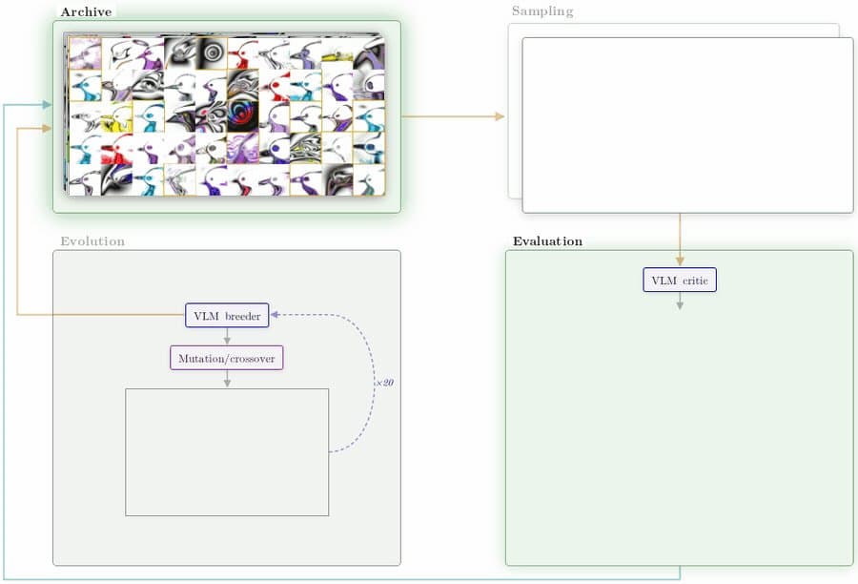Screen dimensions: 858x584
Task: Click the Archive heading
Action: [x=86, y=12]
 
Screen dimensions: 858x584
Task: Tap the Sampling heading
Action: [x=542, y=10]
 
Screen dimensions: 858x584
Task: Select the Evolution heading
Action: [x=92, y=241]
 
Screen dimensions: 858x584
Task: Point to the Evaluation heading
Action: [x=547, y=241]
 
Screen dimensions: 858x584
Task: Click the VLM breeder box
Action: [x=227, y=316]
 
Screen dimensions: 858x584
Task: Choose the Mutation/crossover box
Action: [x=227, y=358]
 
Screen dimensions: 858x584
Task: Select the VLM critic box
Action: [x=680, y=280]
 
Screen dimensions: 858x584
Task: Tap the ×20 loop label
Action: [x=384, y=383]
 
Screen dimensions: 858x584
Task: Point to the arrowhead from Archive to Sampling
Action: [x=499, y=116]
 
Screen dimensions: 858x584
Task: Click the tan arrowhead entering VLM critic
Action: [x=680, y=261]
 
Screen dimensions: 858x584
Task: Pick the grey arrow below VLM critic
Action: [x=680, y=301]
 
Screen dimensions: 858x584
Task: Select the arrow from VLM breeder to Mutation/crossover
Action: [x=227, y=337]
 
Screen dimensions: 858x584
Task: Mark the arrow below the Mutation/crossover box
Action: [x=227, y=379]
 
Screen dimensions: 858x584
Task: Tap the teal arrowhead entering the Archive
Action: [x=47, y=104]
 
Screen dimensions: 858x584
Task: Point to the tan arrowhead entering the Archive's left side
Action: [x=47, y=128]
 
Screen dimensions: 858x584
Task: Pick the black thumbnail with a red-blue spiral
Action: [x=243, y=116]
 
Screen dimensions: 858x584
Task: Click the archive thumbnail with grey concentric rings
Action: [x=212, y=53]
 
